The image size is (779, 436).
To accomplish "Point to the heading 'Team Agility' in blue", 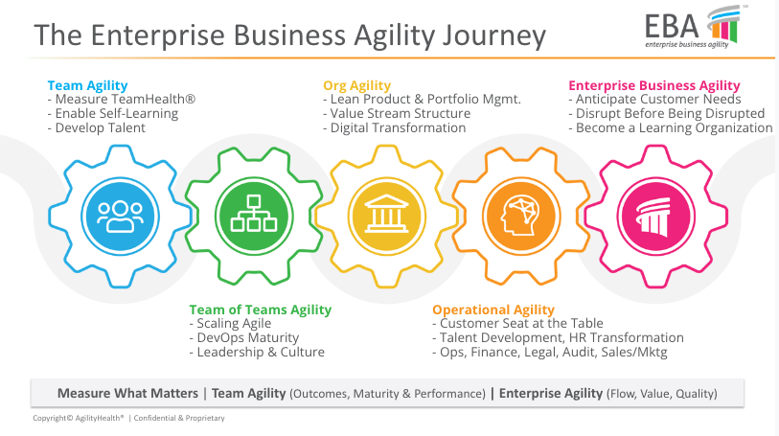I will (87, 85).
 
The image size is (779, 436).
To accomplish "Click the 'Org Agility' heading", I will (356, 85).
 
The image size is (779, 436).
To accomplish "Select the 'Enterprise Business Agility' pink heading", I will (654, 85).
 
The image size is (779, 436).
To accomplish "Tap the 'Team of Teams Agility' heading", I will (260, 310).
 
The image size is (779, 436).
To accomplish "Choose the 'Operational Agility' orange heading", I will (493, 310).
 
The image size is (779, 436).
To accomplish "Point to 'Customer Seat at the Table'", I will (517, 324).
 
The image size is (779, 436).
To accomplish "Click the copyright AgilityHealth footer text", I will (128, 419).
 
